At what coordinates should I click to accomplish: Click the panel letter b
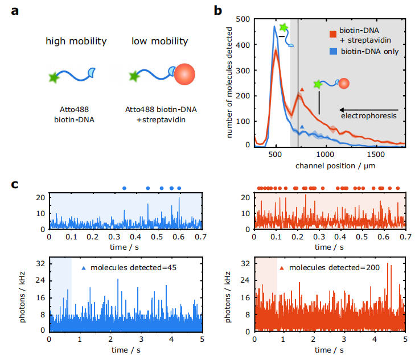tap(217, 11)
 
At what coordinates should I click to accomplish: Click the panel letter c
tap(17, 185)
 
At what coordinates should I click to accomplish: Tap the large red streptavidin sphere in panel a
tap(184, 75)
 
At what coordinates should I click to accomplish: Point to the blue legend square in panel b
tap(333, 51)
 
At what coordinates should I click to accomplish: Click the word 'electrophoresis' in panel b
tap(368, 116)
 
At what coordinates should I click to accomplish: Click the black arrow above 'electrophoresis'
tap(371, 109)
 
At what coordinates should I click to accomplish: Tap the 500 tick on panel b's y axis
tap(244, 19)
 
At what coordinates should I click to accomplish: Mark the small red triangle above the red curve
tap(302, 89)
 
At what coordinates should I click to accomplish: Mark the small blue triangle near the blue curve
tap(302, 126)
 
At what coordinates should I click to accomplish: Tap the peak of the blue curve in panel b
tap(274, 27)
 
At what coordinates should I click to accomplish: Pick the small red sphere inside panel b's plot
tap(343, 84)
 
